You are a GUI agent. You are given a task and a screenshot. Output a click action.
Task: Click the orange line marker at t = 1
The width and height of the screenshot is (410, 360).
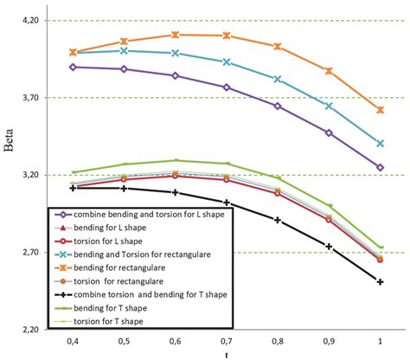point(380,110)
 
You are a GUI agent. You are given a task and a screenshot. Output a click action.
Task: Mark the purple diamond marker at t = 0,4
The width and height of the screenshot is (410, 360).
point(74,67)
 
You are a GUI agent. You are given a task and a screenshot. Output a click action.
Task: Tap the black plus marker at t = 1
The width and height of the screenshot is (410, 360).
point(380,281)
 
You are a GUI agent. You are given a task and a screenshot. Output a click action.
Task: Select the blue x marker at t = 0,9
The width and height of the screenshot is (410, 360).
point(329,106)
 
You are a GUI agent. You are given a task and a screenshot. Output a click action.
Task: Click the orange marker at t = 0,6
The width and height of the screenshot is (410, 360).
point(176,35)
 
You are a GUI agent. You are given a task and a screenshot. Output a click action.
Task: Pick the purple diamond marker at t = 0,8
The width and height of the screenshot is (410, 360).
point(278,106)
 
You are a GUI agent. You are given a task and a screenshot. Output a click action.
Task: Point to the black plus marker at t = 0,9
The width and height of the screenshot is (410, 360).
point(329,247)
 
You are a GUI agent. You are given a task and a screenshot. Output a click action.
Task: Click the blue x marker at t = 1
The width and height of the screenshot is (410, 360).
point(380,143)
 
